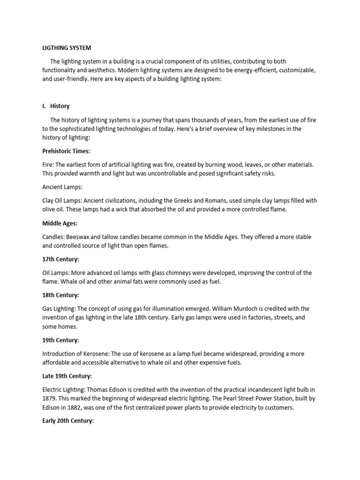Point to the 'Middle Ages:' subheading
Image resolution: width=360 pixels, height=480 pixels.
click(x=60, y=224)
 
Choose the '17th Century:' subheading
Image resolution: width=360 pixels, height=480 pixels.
click(x=60, y=259)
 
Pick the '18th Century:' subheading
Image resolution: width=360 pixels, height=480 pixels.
click(x=60, y=295)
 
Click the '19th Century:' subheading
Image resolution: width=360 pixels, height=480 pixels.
click(x=60, y=340)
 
